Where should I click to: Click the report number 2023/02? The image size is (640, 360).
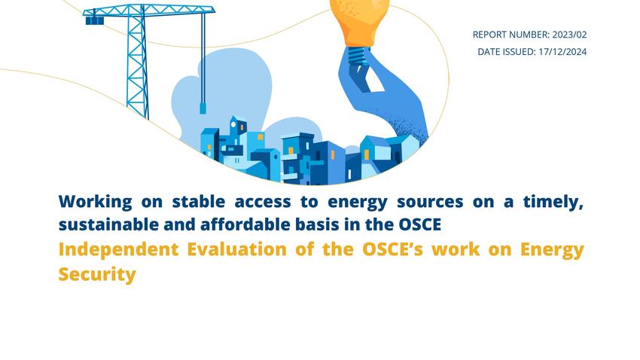[569, 35]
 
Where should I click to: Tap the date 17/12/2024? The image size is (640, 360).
[562, 52]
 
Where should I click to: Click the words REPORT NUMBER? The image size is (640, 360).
[511, 35]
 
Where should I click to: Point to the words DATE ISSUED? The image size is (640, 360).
[507, 52]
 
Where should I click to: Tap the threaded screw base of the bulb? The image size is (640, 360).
[358, 55]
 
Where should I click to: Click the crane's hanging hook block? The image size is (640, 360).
[203, 108]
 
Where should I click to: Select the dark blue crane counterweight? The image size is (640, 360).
[95, 20]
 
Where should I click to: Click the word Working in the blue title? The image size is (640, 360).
[96, 202]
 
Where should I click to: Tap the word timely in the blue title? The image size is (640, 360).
[553, 202]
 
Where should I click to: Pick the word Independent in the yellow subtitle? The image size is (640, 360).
[118, 249]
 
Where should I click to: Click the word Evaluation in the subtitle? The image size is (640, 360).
[236, 249]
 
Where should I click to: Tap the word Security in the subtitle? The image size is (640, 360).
[97, 274]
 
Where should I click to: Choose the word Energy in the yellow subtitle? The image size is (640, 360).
[552, 249]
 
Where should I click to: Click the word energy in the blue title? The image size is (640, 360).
[358, 202]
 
